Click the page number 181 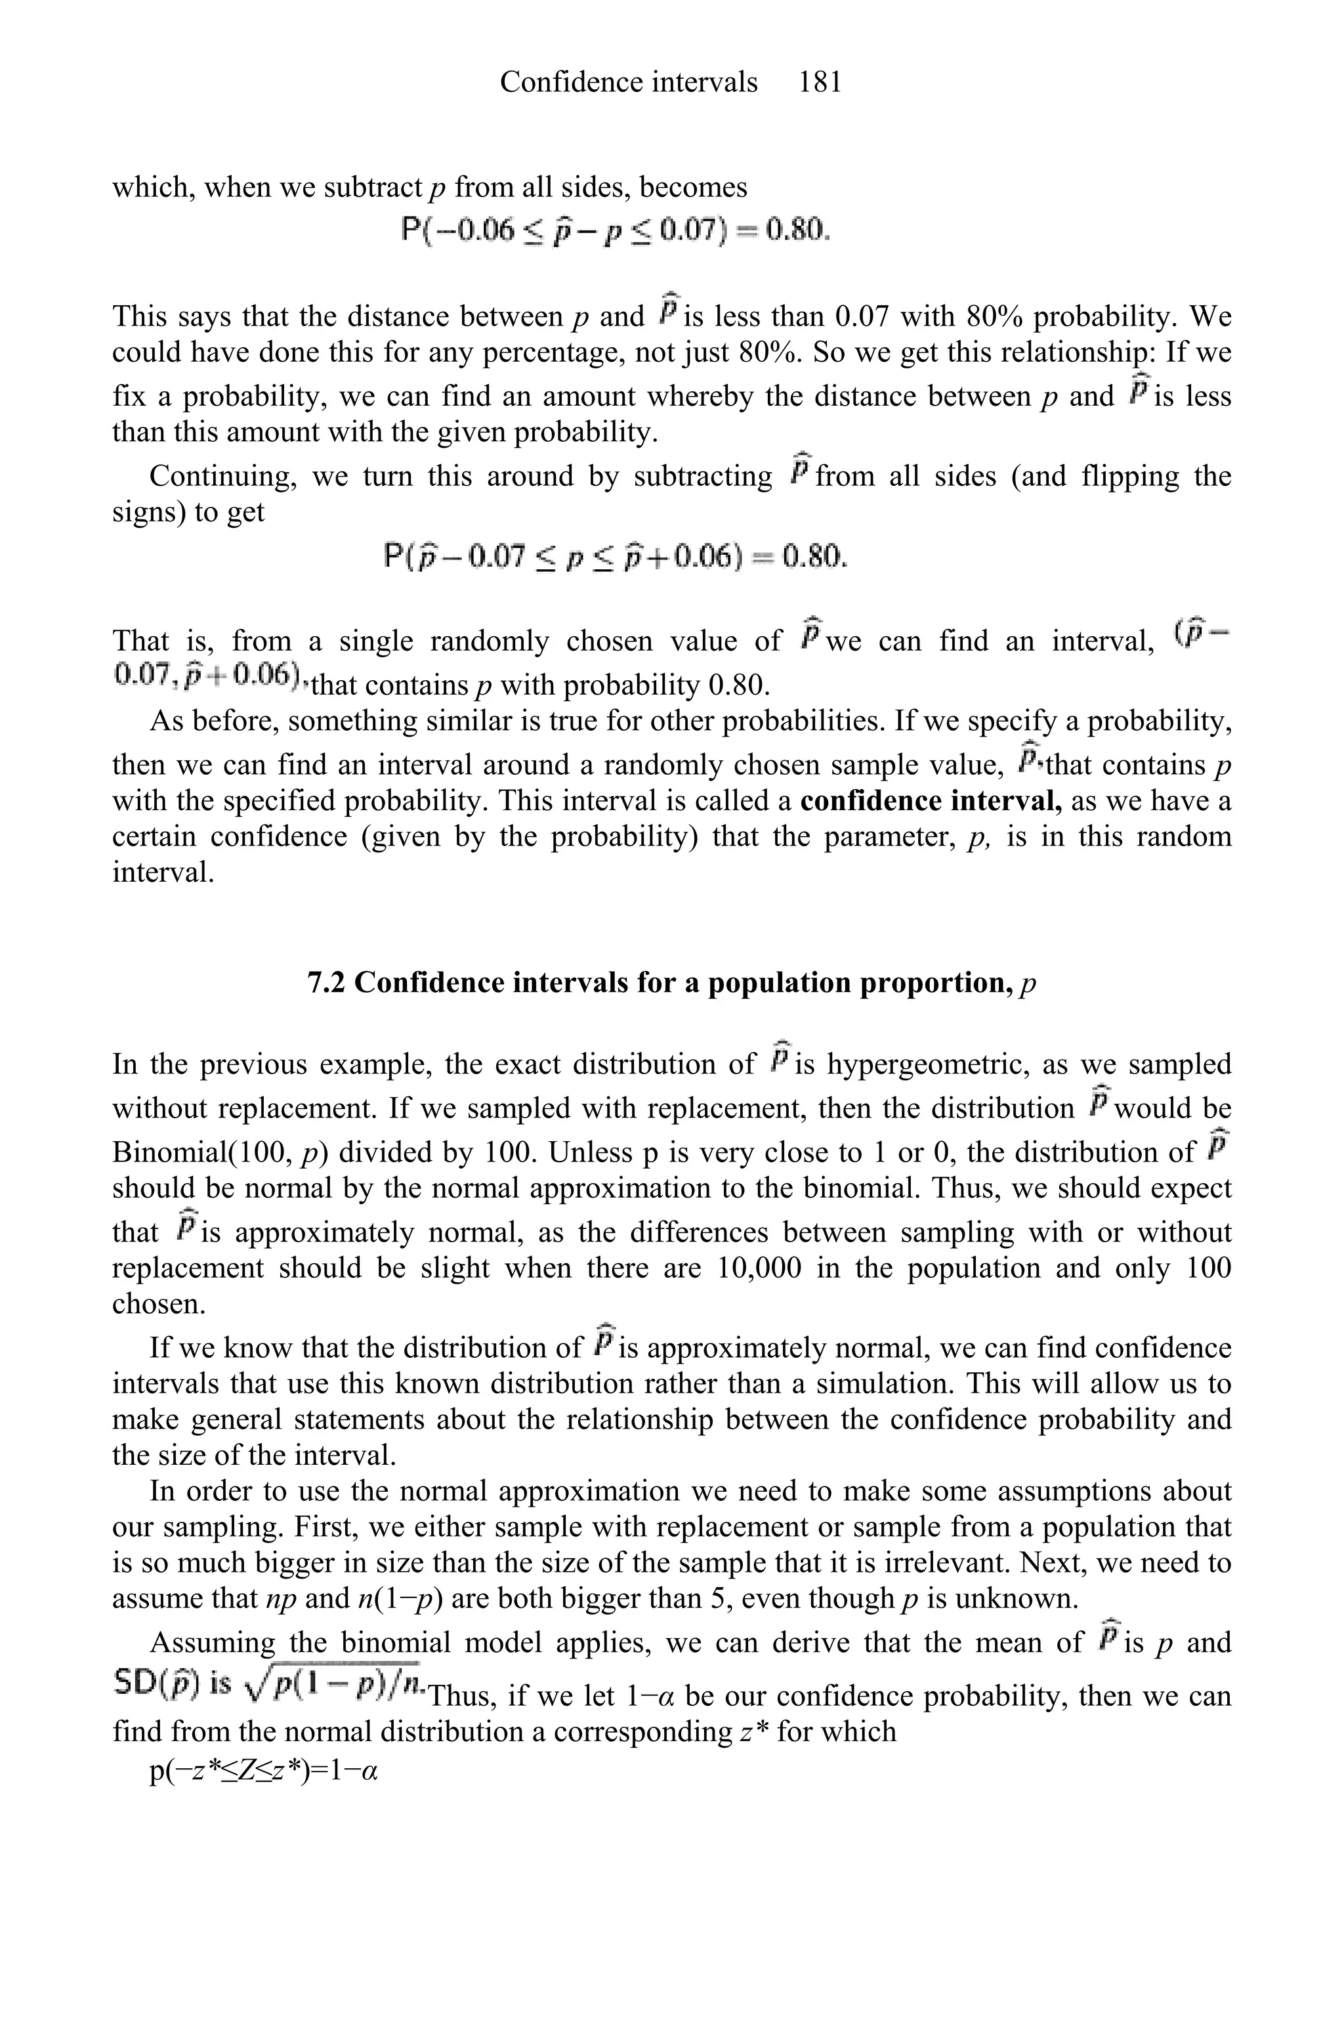[820, 82]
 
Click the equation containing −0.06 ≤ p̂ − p [616, 230]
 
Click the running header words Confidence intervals [628, 82]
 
